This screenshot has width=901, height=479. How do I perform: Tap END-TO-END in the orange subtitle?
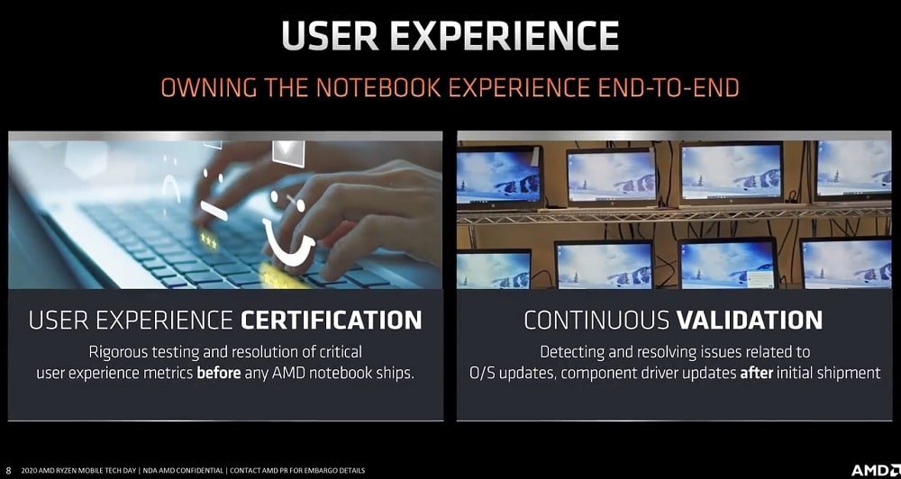tap(666, 88)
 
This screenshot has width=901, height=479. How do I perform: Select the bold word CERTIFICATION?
tap(331, 320)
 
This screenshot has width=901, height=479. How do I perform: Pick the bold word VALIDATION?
tap(750, 320)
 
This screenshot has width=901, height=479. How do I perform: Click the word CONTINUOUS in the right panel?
tap(596, 320)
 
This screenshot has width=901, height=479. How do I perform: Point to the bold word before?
tap(219, 373)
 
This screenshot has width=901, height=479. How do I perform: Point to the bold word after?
tap(756, 373)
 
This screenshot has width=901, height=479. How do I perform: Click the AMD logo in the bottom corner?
tap(874, 470)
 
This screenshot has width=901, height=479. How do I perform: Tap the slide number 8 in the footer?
tap(9, 471)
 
